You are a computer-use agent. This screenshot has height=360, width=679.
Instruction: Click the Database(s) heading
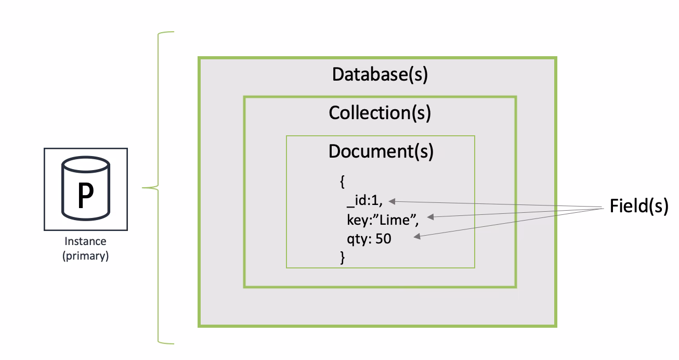coord(380,74)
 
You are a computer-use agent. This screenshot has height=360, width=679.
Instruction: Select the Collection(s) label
coord(380,113)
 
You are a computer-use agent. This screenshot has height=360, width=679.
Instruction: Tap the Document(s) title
coord(381,151)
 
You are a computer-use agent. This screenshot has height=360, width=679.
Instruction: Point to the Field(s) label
coord(639,206)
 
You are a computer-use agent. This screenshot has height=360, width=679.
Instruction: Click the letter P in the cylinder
coord(86,196)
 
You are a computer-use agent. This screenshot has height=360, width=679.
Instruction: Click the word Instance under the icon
coord(85,241)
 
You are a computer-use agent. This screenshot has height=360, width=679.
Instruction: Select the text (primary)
coord(85,256)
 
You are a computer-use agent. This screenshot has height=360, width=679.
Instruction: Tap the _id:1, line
coord(365,201)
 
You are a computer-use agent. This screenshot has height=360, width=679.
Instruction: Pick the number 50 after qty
coord(384,239)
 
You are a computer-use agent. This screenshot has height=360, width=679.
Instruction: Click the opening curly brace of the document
coord(343,182)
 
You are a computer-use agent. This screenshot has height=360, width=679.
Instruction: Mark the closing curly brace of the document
coord(343,258)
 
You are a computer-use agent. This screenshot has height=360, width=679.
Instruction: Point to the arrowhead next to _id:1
coord(392,201)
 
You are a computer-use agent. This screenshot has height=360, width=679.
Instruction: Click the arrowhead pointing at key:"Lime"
coord(430,217)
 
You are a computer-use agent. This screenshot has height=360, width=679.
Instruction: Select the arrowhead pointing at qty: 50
coord(417,236)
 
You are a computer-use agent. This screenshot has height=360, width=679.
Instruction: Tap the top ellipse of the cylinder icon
coord(86,165)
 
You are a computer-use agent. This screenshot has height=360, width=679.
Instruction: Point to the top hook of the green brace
coord(165,32)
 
